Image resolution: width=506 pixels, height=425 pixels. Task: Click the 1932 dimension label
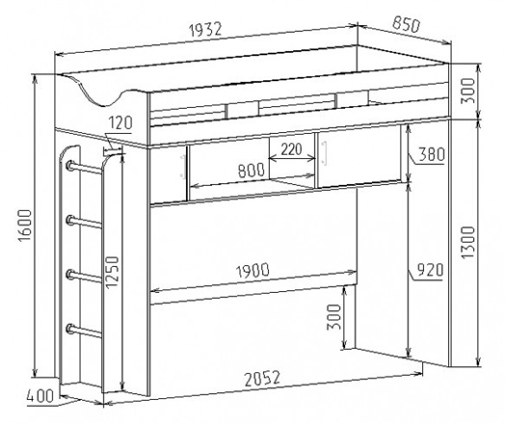(206, 29)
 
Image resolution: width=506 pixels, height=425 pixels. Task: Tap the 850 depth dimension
(407, 25)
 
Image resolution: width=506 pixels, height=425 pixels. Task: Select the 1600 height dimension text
(25, 225)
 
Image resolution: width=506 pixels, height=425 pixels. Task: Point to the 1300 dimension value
(468, 243)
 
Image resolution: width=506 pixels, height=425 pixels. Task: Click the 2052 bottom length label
(262, 378)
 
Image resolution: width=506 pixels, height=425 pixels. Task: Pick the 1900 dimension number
(253, 270)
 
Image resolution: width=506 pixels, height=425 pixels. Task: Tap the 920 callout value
(430, 270)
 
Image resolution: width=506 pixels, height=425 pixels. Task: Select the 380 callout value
(432, 154)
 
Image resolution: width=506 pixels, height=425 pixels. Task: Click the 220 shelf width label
(291, 149)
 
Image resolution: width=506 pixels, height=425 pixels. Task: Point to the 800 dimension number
(252, 170)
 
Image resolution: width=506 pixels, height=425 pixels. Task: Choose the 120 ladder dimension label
(120, 123)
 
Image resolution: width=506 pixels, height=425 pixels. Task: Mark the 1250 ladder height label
(112, 272)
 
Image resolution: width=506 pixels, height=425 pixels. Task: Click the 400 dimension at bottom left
(40, 396)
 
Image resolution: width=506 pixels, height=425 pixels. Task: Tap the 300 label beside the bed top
(468, 91)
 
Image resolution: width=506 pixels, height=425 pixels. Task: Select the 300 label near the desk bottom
(334, 317)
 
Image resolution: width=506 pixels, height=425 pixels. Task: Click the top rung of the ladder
(85, 168)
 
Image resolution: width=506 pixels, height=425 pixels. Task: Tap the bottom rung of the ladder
(85, 331)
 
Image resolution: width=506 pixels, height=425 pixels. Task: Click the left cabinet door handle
(183, 166)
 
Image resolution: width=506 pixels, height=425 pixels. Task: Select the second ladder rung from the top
(85, 223)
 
